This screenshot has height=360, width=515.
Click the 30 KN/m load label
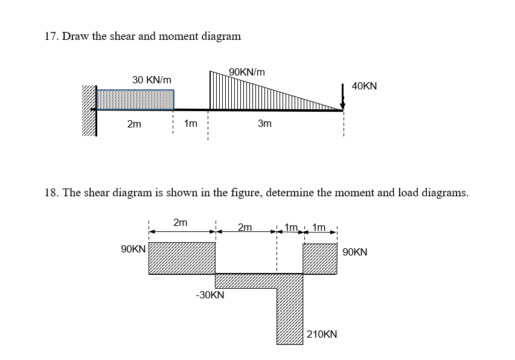152,80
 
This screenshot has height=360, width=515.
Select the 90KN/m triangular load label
247,72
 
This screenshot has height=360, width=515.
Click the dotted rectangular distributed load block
136,100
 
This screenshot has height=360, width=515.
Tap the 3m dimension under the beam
264,124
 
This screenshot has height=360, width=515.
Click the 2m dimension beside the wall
134,124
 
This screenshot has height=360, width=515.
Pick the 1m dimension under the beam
190,124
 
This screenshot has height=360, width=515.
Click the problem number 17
51,36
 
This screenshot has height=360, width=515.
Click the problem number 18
51,193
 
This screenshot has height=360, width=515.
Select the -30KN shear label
210,295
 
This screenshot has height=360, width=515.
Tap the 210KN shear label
322,334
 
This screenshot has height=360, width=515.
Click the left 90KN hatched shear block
182,258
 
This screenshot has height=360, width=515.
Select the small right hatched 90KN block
320,259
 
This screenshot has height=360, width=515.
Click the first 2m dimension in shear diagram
180,223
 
